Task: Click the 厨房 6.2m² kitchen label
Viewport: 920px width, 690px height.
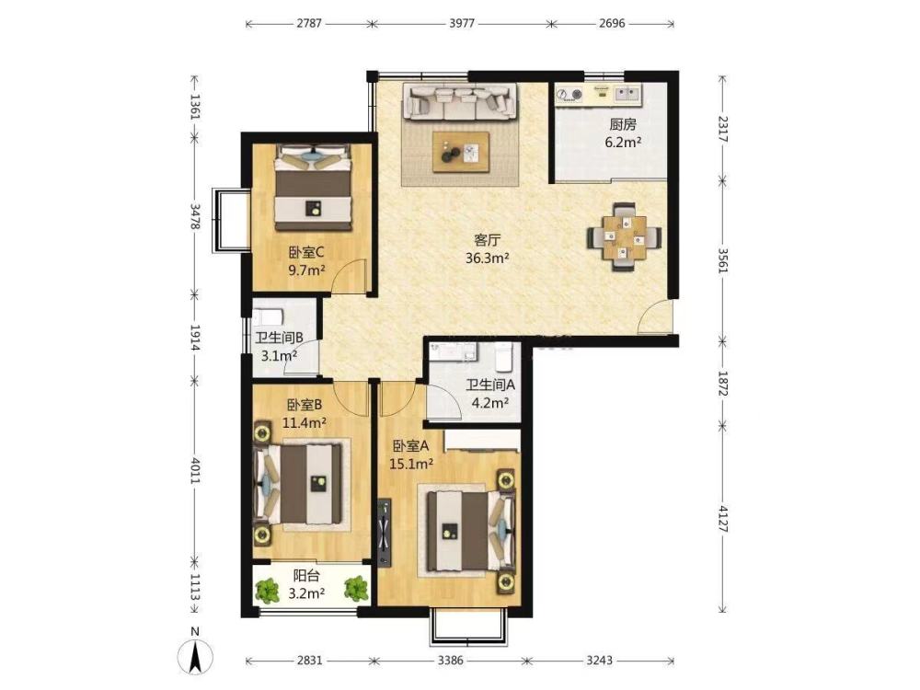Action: (623, 133)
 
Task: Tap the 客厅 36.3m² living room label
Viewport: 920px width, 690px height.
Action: (487, 248)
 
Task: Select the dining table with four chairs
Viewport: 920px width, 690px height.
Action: (625, 236)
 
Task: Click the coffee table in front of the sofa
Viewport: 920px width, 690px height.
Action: (461, 152)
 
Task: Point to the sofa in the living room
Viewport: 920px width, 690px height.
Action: (459, 101)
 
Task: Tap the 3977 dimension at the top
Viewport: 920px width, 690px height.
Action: (462, 24)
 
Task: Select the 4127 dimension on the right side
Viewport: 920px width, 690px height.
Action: (722, 518)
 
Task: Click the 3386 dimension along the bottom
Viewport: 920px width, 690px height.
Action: (450, 660)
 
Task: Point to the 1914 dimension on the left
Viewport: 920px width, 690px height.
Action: (195, 338)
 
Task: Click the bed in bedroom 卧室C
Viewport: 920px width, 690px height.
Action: (314, 187)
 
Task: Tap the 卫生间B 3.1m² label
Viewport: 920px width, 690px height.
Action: (279, 347)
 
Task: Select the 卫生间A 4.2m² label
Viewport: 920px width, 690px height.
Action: (490, 394)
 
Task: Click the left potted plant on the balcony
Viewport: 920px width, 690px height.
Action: (268, 591)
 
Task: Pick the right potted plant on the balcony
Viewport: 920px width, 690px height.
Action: (356, 589)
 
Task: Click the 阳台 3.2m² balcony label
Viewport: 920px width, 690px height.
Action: (306, 585)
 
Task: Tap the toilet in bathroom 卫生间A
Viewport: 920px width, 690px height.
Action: (504, 357)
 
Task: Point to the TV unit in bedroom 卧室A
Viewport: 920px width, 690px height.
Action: (385, 533)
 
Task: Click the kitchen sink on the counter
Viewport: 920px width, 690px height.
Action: (627, 93)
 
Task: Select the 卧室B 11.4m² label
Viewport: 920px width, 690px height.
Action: (304, 413)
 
